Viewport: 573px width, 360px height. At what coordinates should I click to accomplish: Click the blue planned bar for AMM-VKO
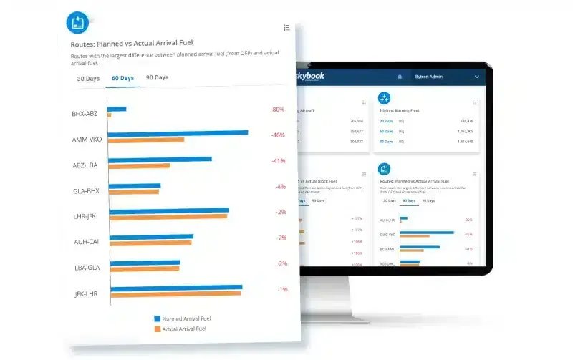[178, 132]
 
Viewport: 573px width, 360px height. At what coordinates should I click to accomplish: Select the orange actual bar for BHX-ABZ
[109, 115]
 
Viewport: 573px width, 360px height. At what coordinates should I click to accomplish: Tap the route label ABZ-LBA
[86, 165]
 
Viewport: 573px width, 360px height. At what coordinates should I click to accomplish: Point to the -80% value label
[277, 110]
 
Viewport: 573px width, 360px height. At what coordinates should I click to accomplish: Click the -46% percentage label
[278, 135]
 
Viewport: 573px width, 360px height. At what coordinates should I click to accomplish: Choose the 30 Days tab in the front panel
[88, 78]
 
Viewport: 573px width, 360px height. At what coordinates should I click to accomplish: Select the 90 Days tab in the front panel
[157, 77]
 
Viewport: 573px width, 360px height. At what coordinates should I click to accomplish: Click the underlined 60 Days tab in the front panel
[122, 78]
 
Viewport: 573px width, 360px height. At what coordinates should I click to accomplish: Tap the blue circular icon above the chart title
[77, 22]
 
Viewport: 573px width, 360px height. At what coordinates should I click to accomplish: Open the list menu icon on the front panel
[286, 27]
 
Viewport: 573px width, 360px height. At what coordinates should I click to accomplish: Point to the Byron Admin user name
[430, 77]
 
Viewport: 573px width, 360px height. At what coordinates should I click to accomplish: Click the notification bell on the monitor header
[399, 77]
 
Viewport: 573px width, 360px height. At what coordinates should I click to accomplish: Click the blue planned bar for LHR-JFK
[169, 210]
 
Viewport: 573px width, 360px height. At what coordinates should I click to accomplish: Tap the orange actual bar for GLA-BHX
[134, 192]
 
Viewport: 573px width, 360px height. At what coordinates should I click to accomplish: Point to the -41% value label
[279, 161]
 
